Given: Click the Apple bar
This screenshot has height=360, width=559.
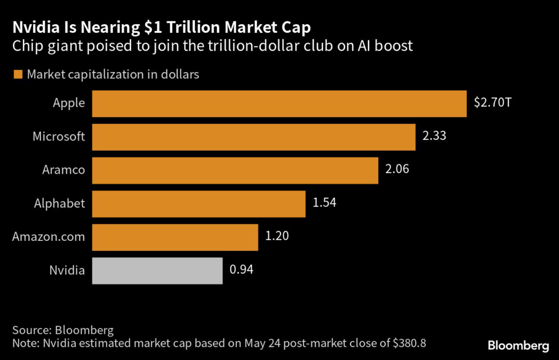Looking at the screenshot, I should pyautogui.click(x=279, y=104).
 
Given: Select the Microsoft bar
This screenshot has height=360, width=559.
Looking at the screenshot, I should pyautogui.click(x=253, y=137).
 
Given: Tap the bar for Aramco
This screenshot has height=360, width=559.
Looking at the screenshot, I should pyautogui.click(x=235, y=170).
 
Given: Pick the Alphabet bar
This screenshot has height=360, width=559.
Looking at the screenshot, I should pyautogui.click(x=198, y=204).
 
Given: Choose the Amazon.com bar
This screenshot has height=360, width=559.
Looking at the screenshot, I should pyautogui.click(x=175, y=238).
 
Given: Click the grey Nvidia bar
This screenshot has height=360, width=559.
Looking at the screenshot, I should pyautogui.click(x=157, y=271).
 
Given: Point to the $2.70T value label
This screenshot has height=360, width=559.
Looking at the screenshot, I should pyautogui.click(x=492, y=102).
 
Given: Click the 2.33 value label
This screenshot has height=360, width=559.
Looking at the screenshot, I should pyautogui.click(x=435, y=135).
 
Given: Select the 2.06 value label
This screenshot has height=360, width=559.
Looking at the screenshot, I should pyautogui.click(x=397, y=169).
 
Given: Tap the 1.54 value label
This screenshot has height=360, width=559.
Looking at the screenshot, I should pyautogui.click(x=324, y=203).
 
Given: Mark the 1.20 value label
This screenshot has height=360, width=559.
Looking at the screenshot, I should pyautogui.click(x=277, y=236).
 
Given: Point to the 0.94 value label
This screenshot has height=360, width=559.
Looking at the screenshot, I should pyautogui.click(x=242, y=269).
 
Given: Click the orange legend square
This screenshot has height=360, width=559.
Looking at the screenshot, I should pyautogui.click(x=18, y=74).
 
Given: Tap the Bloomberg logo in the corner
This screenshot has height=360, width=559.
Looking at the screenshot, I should pyautogui.click(x=518, y=345).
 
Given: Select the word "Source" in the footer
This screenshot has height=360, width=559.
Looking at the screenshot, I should pyautogui.click(x=29, y=331).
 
